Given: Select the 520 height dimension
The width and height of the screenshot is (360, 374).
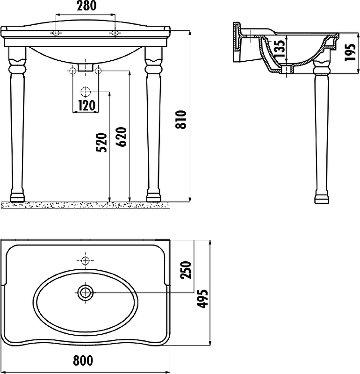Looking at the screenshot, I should click(x=102, y=143).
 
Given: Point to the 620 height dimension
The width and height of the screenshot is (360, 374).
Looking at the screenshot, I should click(x=122, y=137).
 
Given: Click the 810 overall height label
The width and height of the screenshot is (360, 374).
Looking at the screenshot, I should click(x=182, y=119).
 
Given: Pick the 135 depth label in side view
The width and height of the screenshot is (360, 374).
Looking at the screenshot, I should click(x=279, y=49).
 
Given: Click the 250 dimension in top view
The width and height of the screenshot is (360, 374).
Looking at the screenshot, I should click(x=186, y=270).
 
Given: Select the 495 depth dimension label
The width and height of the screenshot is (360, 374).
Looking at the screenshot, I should click(x=202, y=298).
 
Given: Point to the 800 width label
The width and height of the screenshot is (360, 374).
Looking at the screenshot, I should click(x=83, y=360).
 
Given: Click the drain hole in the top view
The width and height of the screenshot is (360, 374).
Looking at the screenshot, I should click(x=86, y=293).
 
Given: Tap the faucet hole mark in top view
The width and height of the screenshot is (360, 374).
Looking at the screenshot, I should click(x=86, y=260).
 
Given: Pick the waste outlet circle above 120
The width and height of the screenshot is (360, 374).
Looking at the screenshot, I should click(x=86, y=92).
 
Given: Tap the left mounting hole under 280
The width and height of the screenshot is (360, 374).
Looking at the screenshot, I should click(x=56, y=33).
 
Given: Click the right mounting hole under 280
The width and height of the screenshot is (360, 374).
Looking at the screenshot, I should click(x=115, y=33).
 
